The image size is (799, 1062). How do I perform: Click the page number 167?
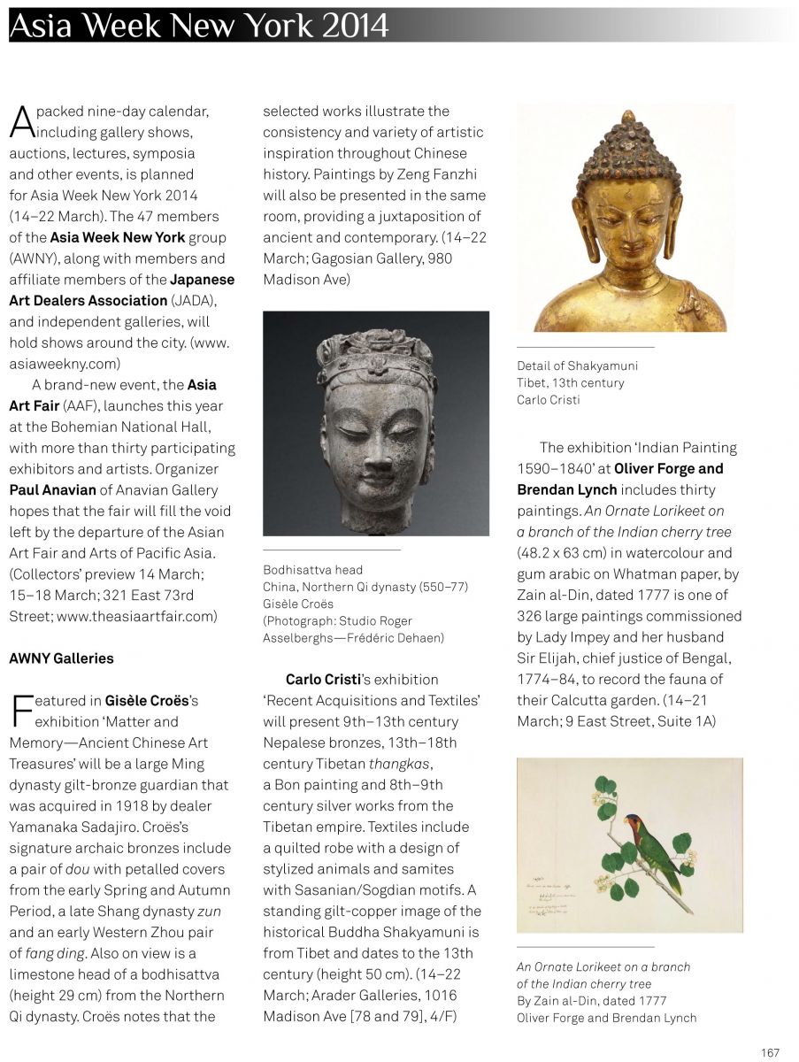(x=770, y=1052)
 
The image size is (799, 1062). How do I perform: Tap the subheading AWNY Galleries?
(x=61, y=658)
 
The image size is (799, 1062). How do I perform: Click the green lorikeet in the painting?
(x=655, y=849)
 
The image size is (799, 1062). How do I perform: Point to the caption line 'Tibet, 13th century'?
(x=570, y=383)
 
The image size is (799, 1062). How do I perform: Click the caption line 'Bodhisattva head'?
(x=312, y=569)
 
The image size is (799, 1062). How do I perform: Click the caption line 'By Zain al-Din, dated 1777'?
(x=591, y=1000)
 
